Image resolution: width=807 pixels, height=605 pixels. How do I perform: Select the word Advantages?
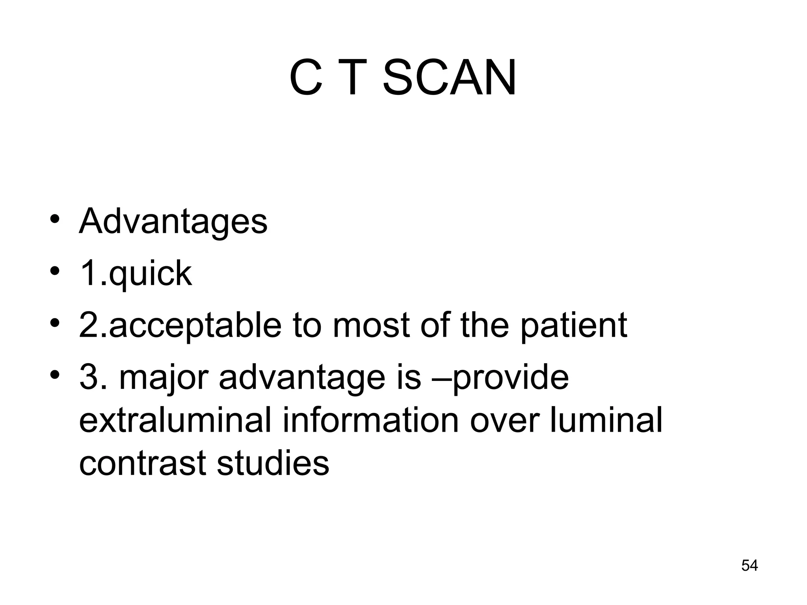pyautogui.click(x=173, y=222)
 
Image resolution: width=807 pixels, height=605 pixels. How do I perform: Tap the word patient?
pyautogui.click(x=573, y=326)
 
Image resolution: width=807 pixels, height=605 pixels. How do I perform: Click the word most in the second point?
pyautogui.click(x=372, y=326)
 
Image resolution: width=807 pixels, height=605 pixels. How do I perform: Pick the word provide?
pyautogui.click(x=510, y=378)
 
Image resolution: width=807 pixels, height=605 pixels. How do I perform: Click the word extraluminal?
pyautogui.click(x=175, y=420)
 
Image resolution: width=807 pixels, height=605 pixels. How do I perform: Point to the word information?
pyautogui.click(x=370, y=420)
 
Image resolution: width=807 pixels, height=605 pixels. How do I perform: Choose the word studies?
pyautogui.click(x=273, y=463)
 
